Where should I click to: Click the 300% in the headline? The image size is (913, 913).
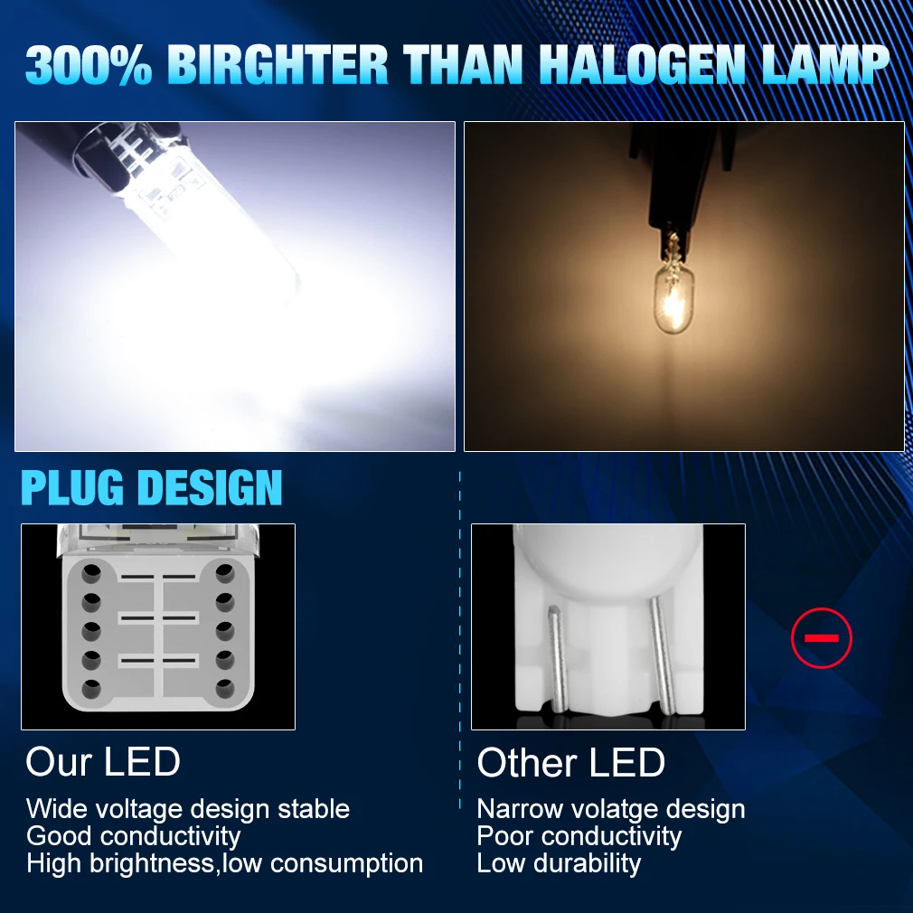pyautogui.click(x=89, y=64)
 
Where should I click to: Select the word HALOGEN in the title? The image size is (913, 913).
pyautogui.click(x=642, y=64)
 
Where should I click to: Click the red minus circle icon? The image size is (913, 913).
pyautogui.click(x=822, y=637)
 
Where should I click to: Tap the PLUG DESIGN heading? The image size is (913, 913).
pyautogui.click(x=151, y=487)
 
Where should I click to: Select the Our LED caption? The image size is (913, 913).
pyautogui.click(x=103, y=761)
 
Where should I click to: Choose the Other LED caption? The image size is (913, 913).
pyautogui.click(x=570, y=762)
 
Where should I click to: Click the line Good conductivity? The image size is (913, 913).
pyautogui.click(x=134, y=837)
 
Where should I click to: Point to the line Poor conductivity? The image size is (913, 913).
pyautogui.click(x=579, y=837)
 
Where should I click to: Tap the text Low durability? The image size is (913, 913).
pyautogui.click(x=559, y=863)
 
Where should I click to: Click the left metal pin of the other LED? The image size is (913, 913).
pyautogui.click(x=557, y=659)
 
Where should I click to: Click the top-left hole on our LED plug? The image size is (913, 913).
pyautogui.click(x=90, y=573)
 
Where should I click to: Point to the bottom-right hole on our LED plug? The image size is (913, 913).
pyautogui.click(x=225, y=689)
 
